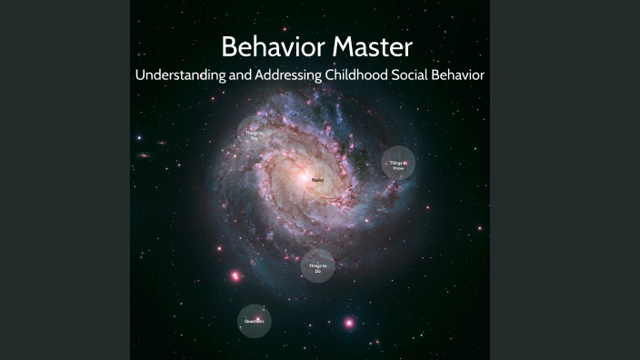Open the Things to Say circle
click(254, 133)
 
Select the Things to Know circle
click(398, 165)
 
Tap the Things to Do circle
click(317, 265)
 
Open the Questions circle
click(254, 321)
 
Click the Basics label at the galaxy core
click(317, 181)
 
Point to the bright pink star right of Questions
click(348, 323)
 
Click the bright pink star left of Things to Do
click(236, 275)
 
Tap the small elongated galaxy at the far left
click(144, 155)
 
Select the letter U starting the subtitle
click(140, 75)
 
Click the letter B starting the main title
click(229, 46)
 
